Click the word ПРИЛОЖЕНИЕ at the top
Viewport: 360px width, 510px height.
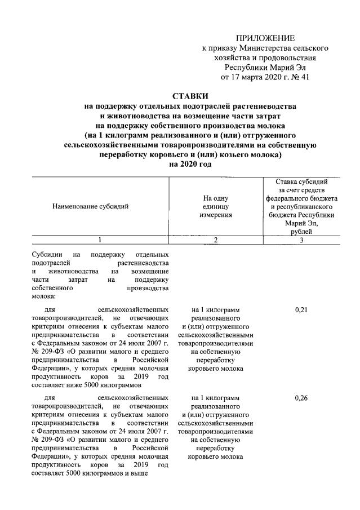[x=265, y=38]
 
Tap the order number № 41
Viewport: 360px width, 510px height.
[x=300, y=77]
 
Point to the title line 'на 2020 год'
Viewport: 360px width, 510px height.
[x=190, y=164]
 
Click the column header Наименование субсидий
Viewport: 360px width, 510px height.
[x=90, y=206]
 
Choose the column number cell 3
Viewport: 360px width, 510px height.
[x=302, y=241]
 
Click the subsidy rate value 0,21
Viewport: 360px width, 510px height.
[x=301, y=310]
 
